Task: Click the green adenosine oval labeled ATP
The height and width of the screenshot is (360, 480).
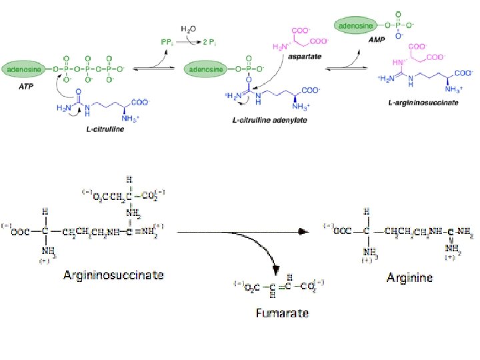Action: [x=25, y=67]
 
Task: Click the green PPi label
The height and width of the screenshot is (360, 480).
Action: [x=168, y=42]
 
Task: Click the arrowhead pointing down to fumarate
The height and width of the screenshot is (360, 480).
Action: [x=274, y=270]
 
